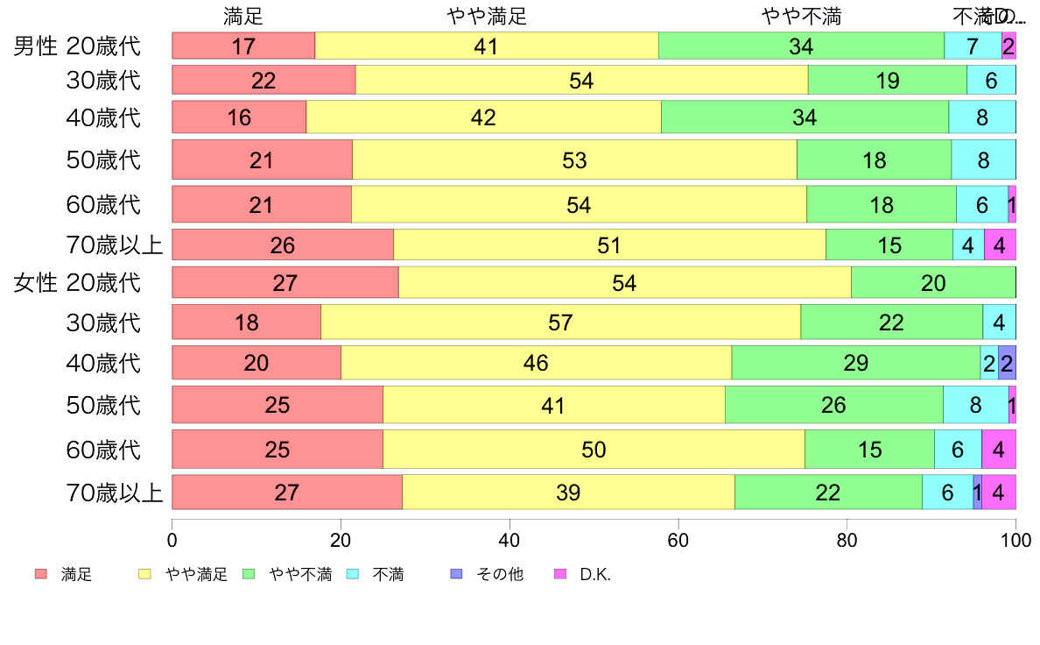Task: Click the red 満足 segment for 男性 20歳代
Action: [x=242, y=46]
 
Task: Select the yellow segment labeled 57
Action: [x=560, y=322]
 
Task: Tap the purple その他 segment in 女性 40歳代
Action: [x=1007, y=363]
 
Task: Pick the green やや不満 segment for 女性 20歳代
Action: [x=933, y=282]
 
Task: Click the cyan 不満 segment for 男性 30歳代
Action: [x=991, y=80]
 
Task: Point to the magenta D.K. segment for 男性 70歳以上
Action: [x=1000, y=245]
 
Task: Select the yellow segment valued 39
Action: [x=568, y=492]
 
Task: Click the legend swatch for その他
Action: [x=455, y=575]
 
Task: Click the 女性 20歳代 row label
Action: [x=77, y=282]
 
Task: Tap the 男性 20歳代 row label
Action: [x=77, y=46]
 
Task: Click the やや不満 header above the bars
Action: [x=801, y=16]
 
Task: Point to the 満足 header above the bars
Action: [x=242, y=16]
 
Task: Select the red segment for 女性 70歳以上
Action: [x=286, y=492]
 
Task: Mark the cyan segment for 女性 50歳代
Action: [x=975, y=405]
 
